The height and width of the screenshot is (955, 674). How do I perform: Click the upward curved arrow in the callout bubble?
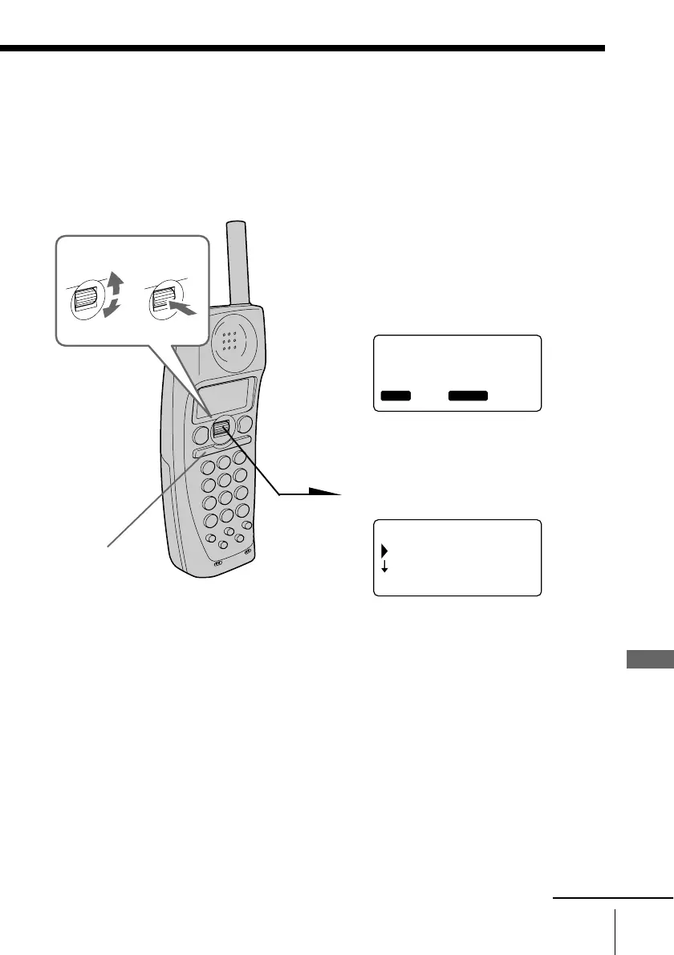click(x=116, y=286)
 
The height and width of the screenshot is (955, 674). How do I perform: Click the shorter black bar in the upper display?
click(x=395, y=396)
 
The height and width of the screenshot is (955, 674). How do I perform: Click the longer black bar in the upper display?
click(x=468, y=396)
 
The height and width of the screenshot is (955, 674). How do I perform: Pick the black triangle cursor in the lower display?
click(x=384, y=551)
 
